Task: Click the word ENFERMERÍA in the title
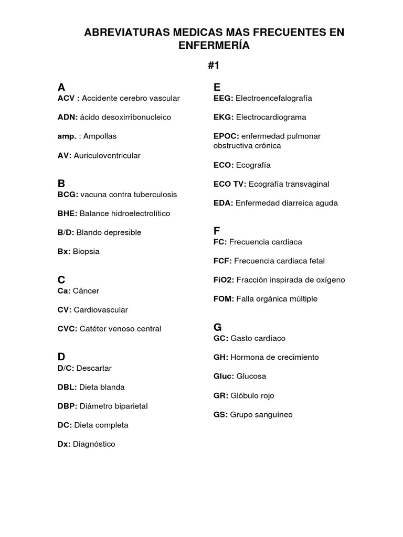click(x=214, y=46)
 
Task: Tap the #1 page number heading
click(x=214, y=66)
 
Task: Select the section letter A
click(x=61, y=87)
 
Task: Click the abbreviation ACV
click(x=68, y=98)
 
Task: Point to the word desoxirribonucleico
click(x=136, y=117)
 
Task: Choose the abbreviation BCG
click(x=68, y=195)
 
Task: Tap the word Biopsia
click(x=86, y=252)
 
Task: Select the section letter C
click(x=61, y=280)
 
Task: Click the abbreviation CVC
click(x=67, y=329)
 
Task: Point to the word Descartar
click(x=94, y=368)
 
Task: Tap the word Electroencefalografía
click(x=274, y=98)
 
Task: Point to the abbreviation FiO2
click(x=224, y=280)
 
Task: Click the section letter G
click(x=218, y=327)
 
